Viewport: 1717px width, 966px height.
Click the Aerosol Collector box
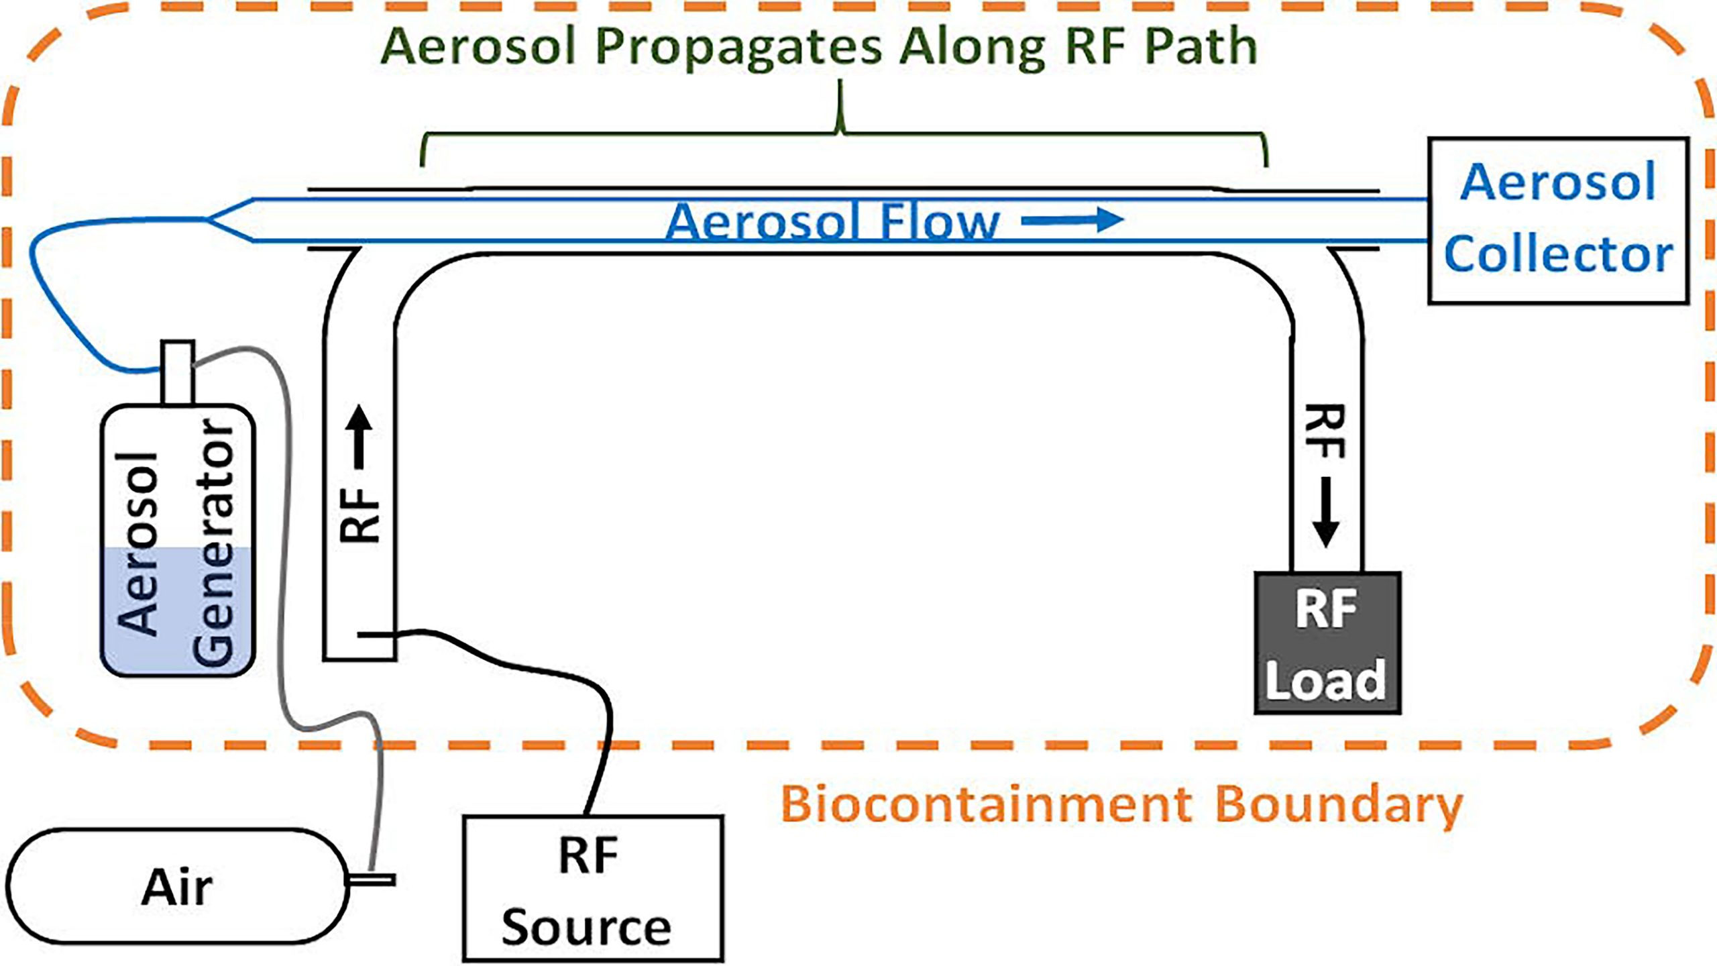click(x=1557, y=221)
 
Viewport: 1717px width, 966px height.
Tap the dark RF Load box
click(x=1327, y=643)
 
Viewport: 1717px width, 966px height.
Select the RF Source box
click(x=593, y=888)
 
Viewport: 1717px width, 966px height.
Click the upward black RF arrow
click(x=360, y=436)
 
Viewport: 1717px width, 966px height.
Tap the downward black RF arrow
click(x=1325, y=514)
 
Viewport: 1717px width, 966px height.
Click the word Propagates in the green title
click(x=738, y=47)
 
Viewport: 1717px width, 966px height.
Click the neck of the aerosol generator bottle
click(x=178, y=372)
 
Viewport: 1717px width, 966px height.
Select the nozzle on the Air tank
click(x=373, y=879)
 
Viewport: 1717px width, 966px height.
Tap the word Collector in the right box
click(x=1557, y=255)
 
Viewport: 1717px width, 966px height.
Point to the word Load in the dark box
click(x=1325, y=680)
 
